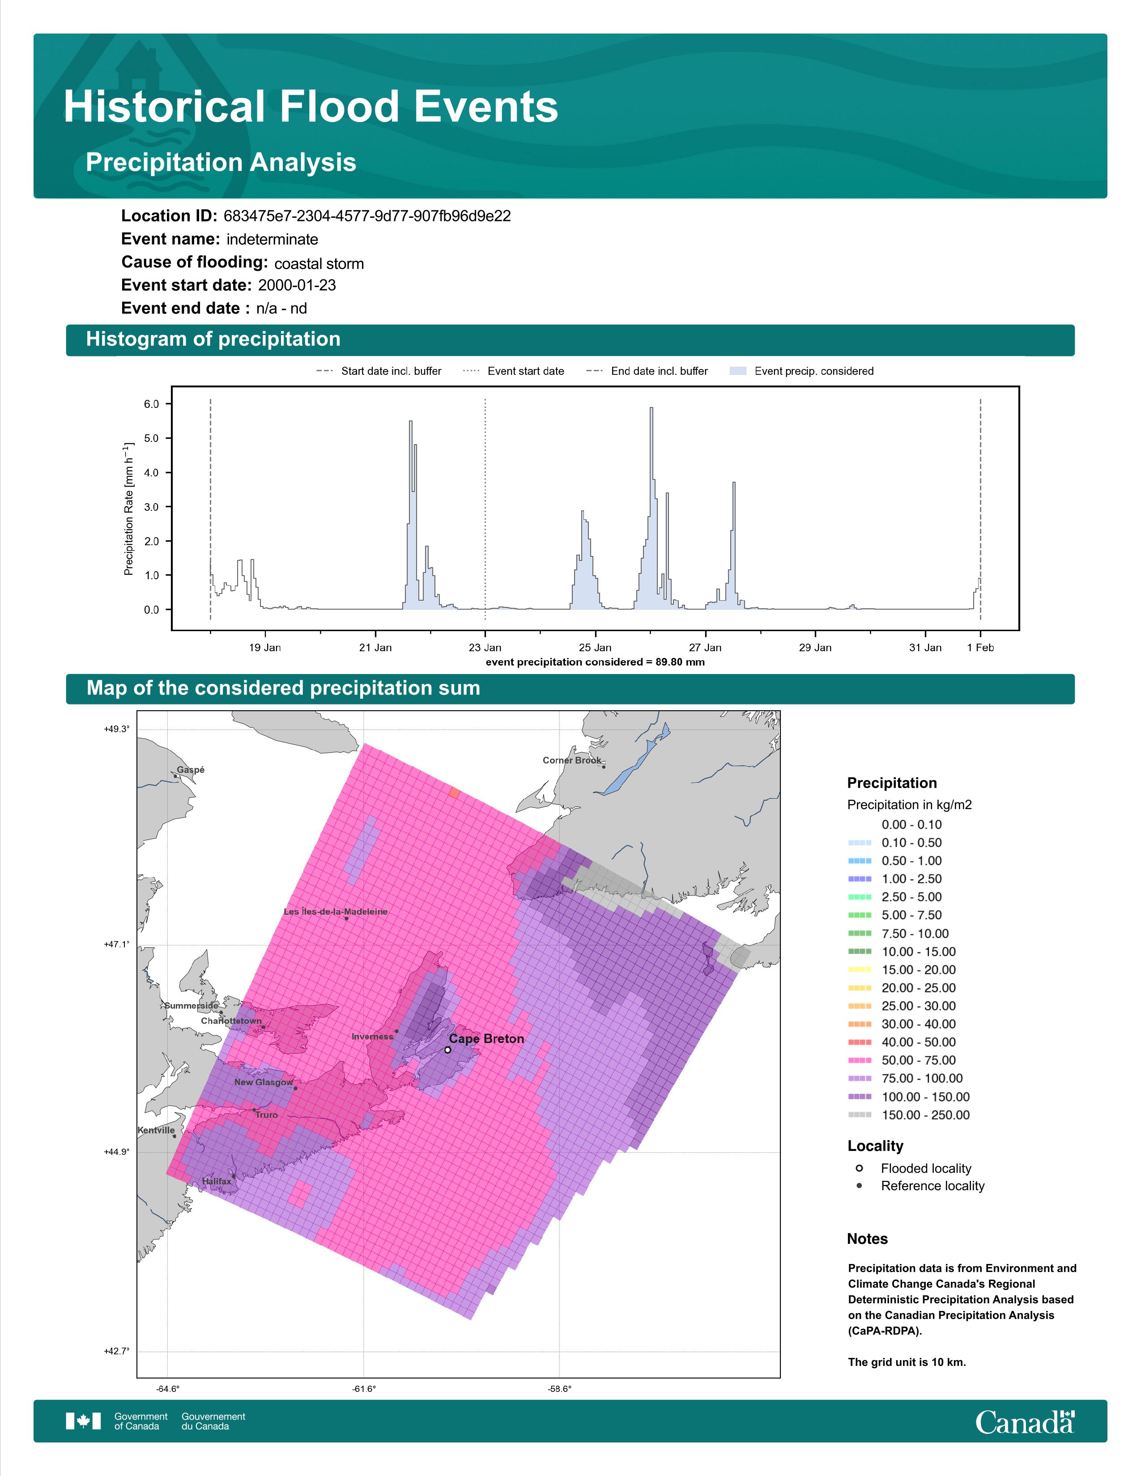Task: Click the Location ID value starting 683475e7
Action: coord(367,216)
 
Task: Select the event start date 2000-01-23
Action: coord(297,285)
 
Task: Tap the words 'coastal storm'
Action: coord(319,263)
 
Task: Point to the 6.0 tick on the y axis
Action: coord(151,404)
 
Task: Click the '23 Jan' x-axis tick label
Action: coord(485,648)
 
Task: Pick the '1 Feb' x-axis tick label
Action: coord(980,648)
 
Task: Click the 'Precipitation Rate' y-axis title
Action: coord(128,509)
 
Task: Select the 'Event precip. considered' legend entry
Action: coord(802,371)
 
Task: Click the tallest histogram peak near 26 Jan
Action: coord(651,408)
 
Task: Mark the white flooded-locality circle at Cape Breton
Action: coord(447,1050)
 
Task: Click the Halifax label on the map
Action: coord(216,1181)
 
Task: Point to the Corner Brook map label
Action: coord(572,760)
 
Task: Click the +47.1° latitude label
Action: coord(116,945)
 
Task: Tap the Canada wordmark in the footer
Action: coord(1025,1423)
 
